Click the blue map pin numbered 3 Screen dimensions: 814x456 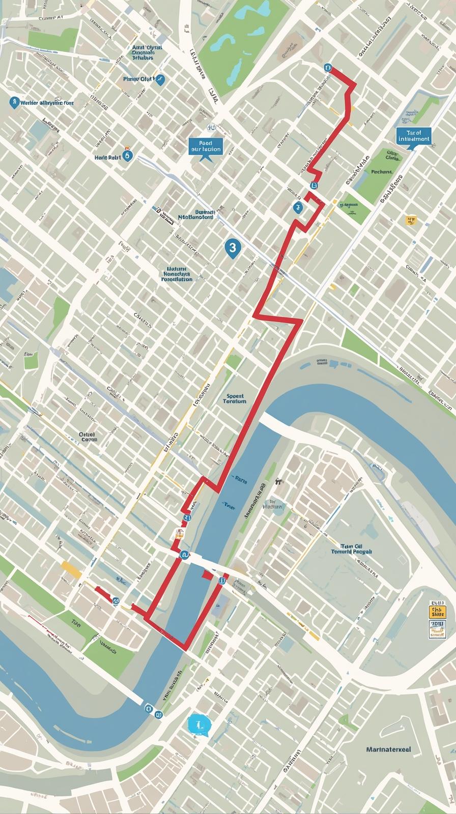tap(232, 248)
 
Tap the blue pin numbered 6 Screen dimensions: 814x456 tap(127, 156)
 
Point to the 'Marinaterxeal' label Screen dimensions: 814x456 tap(388, 749)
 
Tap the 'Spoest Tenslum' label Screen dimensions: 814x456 tap(234, 398)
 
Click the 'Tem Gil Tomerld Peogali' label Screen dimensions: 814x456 tap(352, 547)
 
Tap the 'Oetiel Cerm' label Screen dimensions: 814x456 tap(88, 437)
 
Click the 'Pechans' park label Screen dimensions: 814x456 tap(381, 171)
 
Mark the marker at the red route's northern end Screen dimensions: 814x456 tap(327, 67)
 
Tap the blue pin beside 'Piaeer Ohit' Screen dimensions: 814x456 tap(160, 79)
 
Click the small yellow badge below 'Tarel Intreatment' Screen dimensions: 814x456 tap(411, 220)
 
